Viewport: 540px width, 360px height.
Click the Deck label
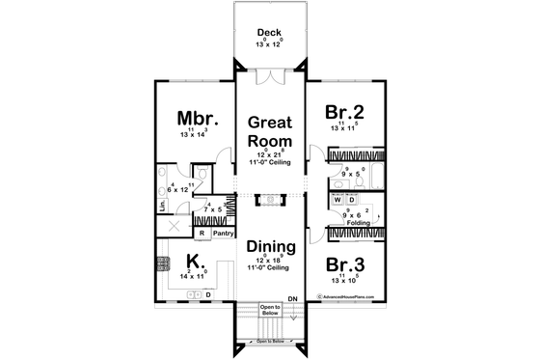[x=269, y=32]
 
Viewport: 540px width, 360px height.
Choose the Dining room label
[x=270, y=247]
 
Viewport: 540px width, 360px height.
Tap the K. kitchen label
[x=194, y=261]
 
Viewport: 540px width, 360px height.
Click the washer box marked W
[x=337, y=202]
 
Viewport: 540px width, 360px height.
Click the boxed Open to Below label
[x=269, y=311]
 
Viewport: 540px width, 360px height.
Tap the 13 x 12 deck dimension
[x=269, y=44]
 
